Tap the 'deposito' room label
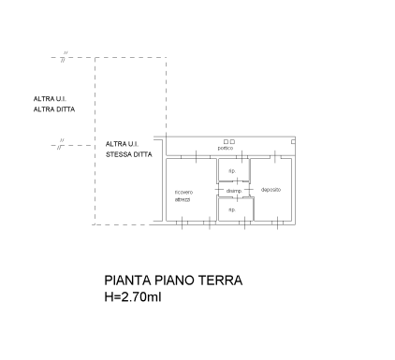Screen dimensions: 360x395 point(271,190)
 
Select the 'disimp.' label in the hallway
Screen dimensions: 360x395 point(233,192)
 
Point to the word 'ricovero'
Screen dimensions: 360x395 point(183,194)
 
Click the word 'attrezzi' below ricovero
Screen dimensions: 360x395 point(183,200)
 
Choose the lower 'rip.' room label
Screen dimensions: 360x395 point(231,209)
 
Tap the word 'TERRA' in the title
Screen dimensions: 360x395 point(219,280)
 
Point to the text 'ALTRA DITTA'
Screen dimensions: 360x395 point(53,109)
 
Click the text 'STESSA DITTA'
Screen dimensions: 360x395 point(127,154)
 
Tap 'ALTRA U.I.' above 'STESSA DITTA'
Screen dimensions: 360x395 point(122,144)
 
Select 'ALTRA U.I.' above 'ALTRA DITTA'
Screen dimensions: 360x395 point(50,99)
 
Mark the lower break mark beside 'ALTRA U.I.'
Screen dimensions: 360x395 point(60,145)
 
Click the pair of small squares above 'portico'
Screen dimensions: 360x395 point(228,141)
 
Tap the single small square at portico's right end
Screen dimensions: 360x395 point(292,140)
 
